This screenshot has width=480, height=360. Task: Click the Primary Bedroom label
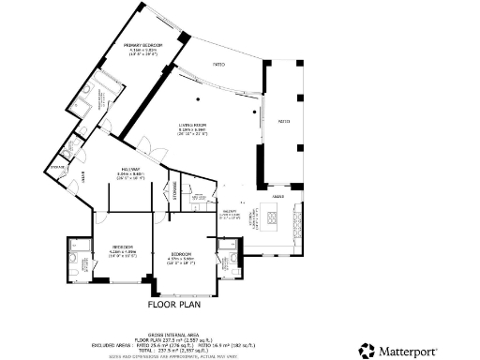142,45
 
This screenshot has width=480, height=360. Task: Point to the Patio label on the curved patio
217,65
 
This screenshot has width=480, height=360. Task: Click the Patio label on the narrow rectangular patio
283,121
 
